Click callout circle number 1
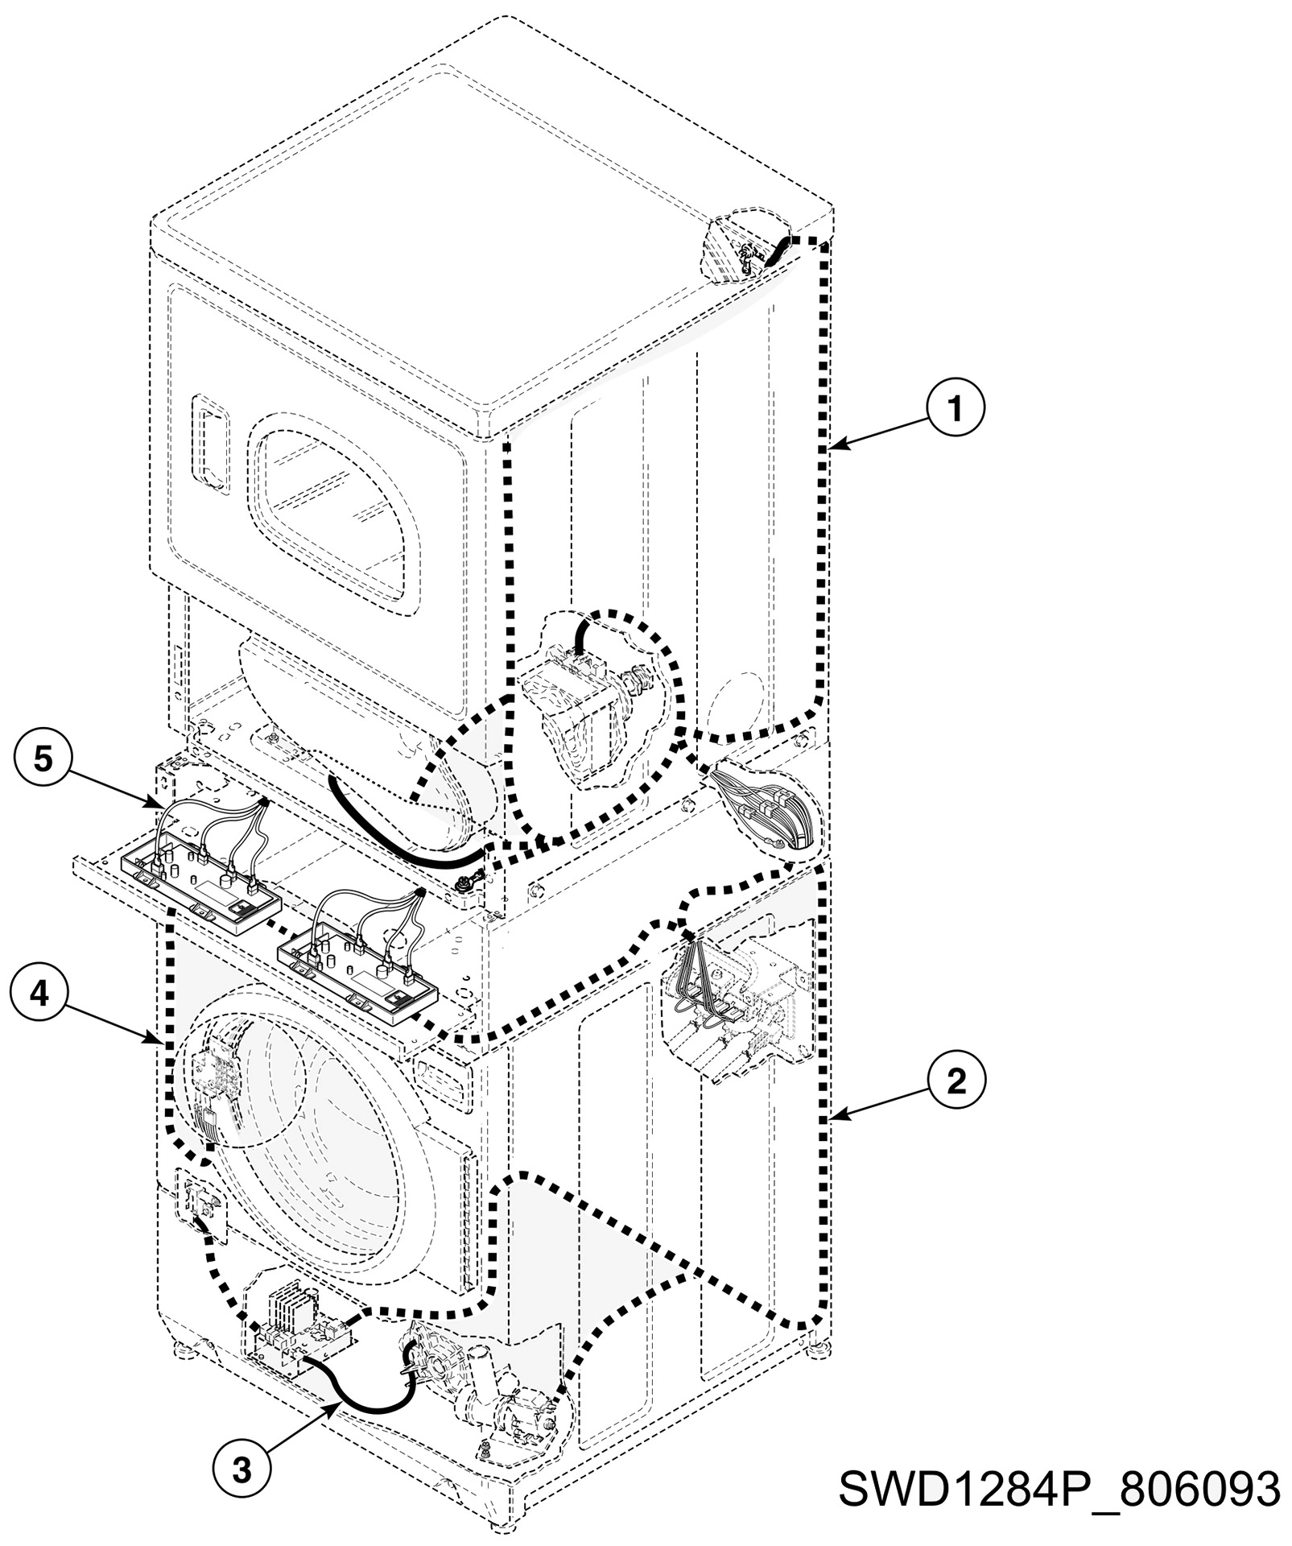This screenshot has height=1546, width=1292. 955,409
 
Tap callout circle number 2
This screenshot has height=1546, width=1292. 955,1081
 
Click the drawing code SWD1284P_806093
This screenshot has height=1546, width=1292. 1059,1488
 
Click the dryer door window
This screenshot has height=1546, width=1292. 336,512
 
